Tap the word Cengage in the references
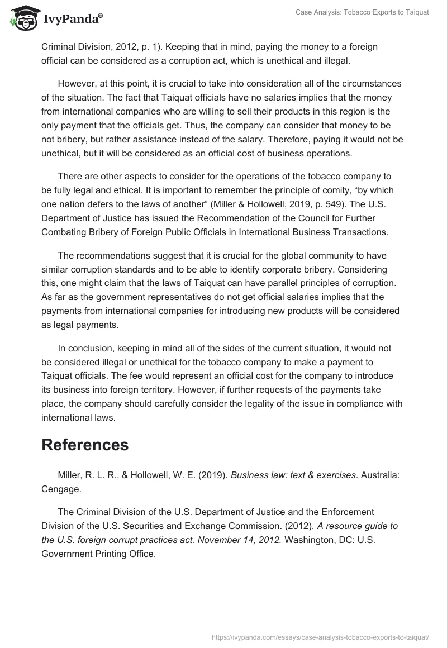(61, 489)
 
